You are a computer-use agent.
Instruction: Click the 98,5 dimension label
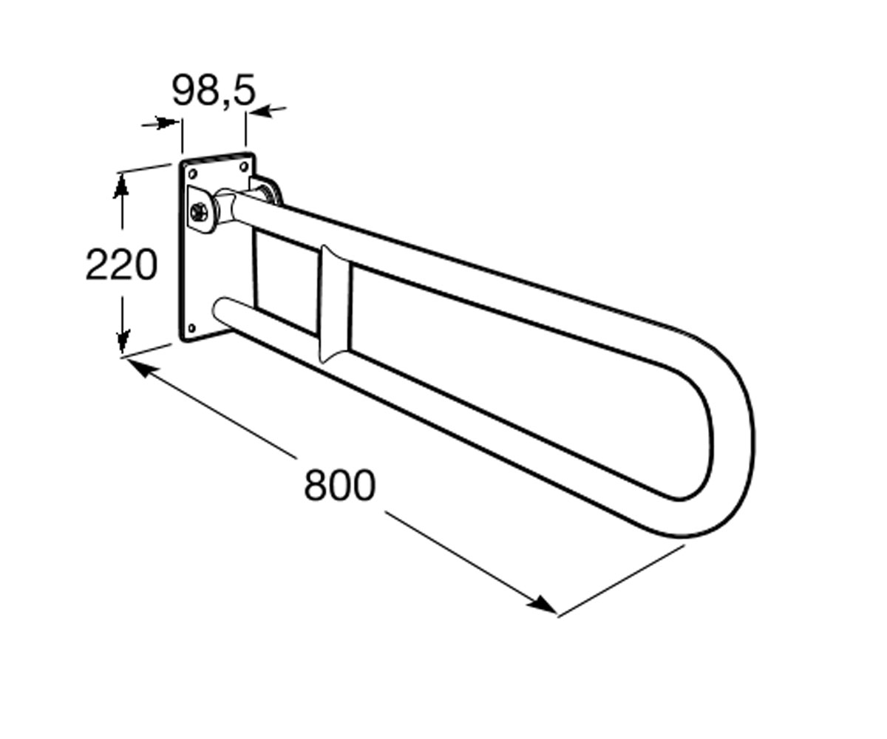point(214,90)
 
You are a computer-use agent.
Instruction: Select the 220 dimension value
point(121,265)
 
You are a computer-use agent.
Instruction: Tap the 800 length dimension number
point(340,485)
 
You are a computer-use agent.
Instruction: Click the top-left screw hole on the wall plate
point(192,174)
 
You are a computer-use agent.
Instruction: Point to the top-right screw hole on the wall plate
point(244,166)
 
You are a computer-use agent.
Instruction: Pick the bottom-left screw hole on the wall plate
point(191,328)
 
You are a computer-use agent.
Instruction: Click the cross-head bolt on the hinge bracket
point(199,211)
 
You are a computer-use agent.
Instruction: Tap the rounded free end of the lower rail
point(221,310)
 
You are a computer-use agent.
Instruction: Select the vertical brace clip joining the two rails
point(335,304)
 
